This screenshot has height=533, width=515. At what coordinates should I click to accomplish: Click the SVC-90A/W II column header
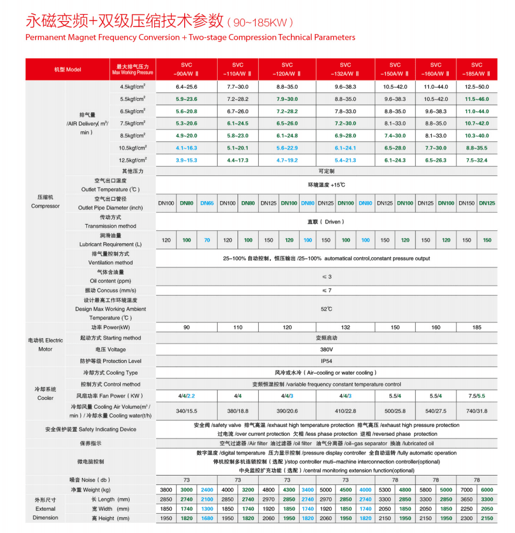(187, 69)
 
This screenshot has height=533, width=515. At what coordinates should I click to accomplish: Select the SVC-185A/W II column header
(476, 69)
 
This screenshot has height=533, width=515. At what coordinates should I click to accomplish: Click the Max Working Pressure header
(133, 69)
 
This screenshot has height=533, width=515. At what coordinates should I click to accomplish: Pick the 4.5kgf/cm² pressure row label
(133, 87)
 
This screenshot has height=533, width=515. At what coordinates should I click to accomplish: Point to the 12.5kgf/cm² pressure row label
(133, 160)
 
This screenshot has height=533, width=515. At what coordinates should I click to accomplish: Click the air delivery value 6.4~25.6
(187, 87)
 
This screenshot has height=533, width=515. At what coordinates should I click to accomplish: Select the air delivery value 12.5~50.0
(476, 87)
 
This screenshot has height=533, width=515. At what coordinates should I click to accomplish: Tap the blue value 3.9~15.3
(187, 160)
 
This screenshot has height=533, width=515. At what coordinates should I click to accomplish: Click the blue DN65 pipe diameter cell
(207, 203)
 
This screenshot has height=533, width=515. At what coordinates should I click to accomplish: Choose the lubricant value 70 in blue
(207, 240)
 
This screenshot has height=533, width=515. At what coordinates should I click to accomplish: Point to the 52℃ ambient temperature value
(326, 308)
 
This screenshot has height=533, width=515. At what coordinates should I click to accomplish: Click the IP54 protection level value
(326, 361)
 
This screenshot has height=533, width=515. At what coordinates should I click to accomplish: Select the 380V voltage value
(326, 349)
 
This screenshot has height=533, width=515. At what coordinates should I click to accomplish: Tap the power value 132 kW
(345, 327)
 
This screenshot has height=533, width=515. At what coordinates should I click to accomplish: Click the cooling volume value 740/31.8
(476, 411)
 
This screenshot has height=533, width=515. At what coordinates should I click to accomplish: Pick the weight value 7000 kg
(466, 490)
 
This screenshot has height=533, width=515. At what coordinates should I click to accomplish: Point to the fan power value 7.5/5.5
(476, 396)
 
